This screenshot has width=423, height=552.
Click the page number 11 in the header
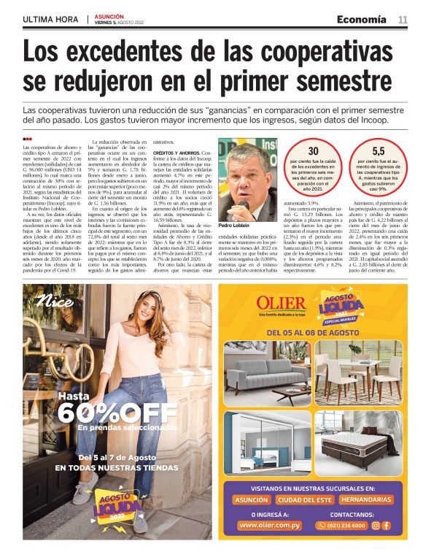(402, 19)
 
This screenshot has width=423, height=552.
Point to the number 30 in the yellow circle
(314, 150)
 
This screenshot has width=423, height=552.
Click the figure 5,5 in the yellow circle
(379, 150)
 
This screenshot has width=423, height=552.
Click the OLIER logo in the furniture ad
(281, 303)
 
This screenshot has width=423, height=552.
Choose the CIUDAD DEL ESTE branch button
(304, 500)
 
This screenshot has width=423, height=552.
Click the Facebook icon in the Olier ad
(387, 525)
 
